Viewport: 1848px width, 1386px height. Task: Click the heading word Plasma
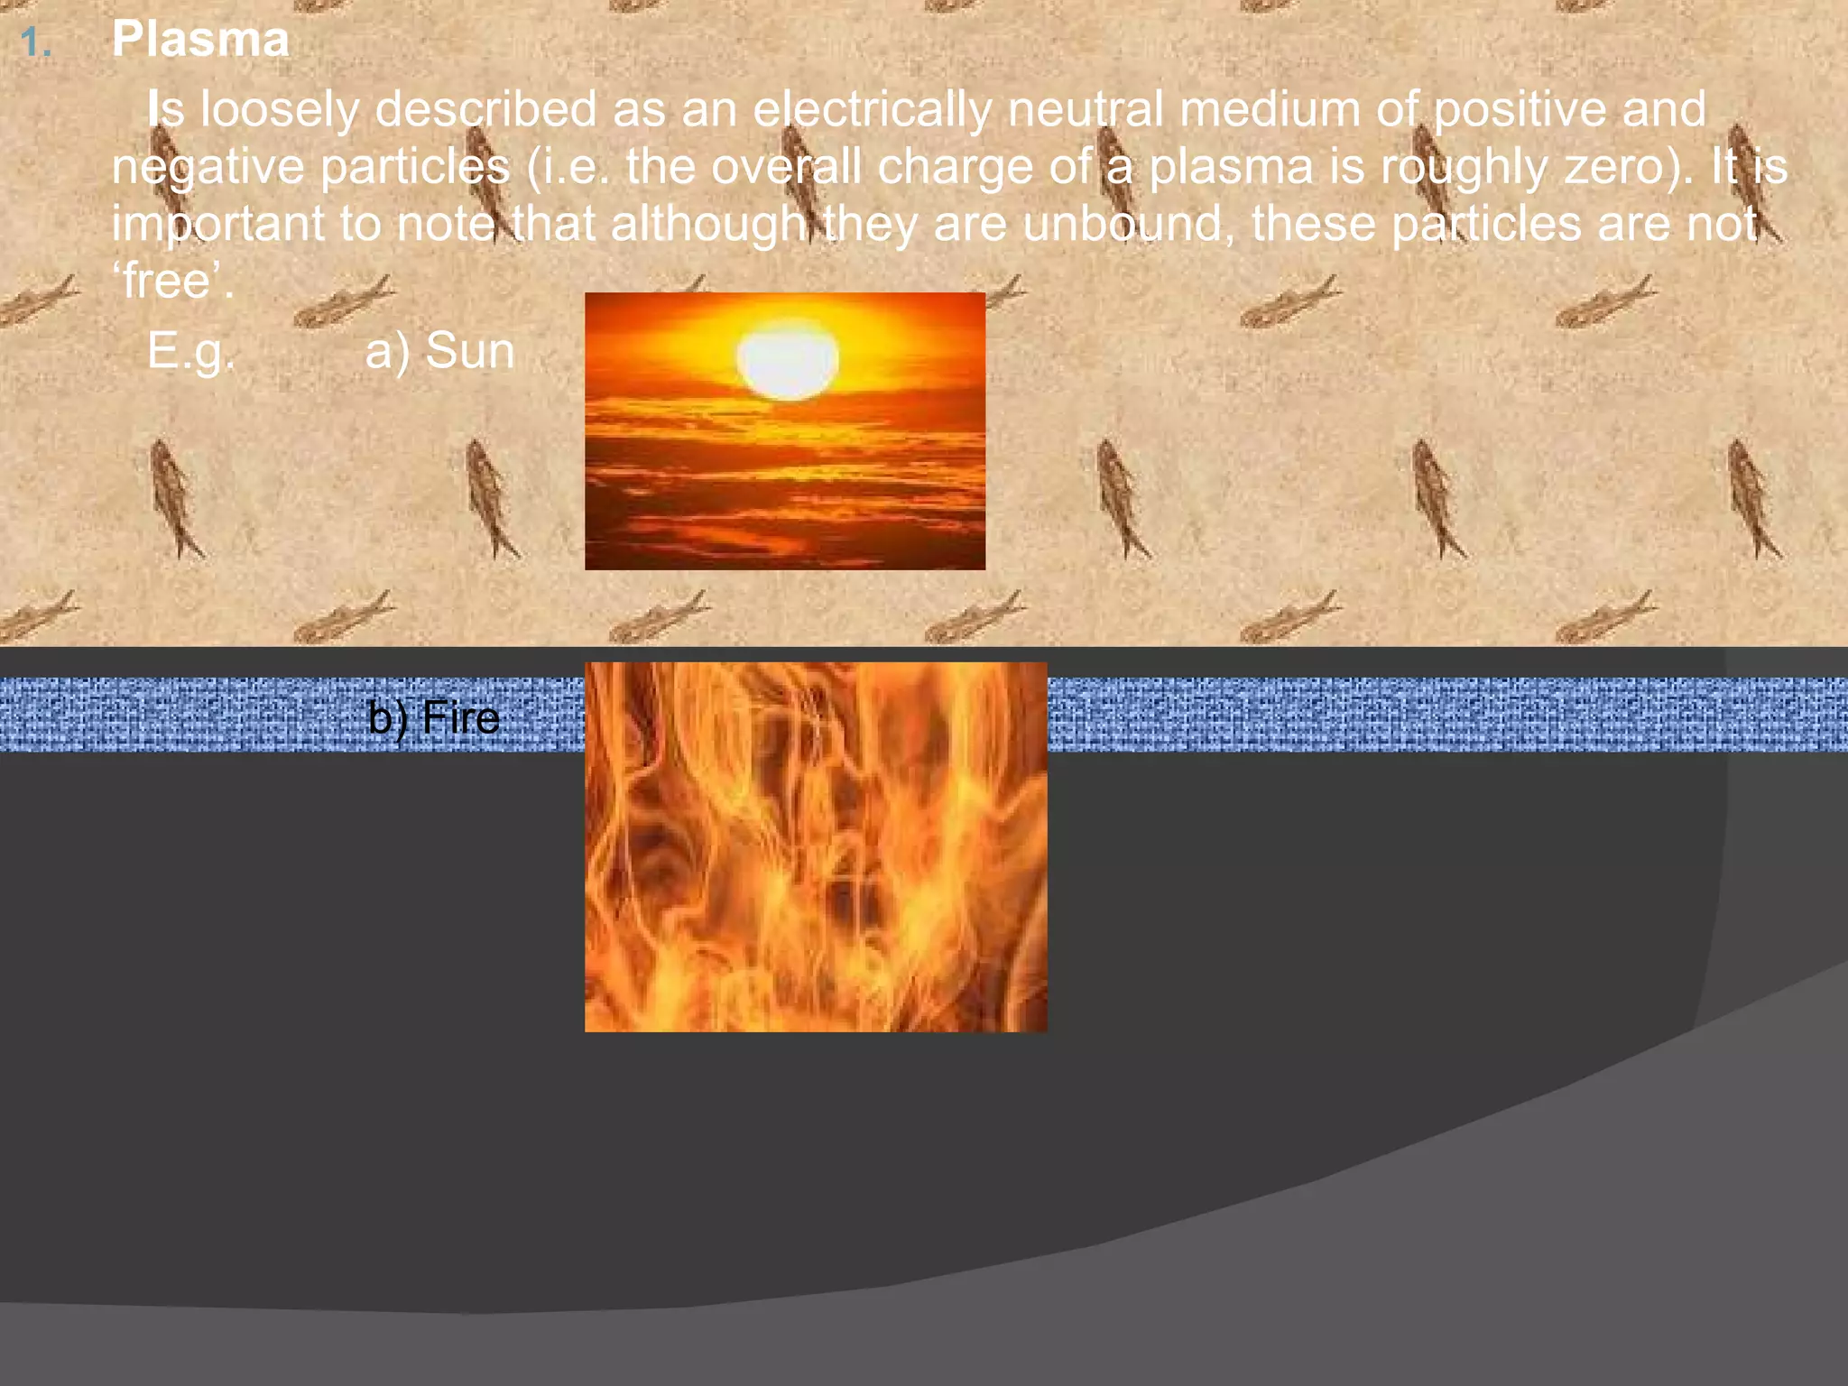[x=200, y=41]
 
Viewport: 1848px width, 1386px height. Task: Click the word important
[x=217, y=225]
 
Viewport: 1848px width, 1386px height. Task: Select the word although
[x=708, y=225]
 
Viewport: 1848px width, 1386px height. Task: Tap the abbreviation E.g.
[x=190, y=351]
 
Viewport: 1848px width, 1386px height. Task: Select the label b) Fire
[x=434, y=718]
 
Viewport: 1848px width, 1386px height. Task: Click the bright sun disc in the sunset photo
[x=788, y=359]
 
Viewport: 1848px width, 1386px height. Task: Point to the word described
[x=485, y=109]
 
